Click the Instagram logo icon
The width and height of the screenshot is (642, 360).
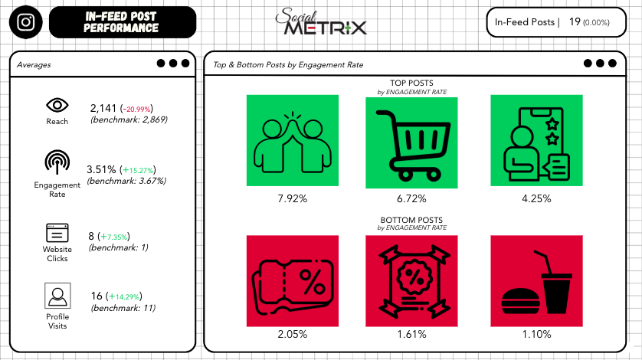coord(26,22)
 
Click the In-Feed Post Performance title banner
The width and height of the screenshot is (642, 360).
coord(123,22)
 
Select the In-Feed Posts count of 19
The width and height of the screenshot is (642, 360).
coord(574,22)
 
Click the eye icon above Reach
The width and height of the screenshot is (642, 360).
coord(57,105)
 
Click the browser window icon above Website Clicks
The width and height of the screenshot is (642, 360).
coord(57,232)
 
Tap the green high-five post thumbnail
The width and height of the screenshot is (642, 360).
coord(291,141)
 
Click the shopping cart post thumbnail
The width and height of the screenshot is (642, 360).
coord(412,141)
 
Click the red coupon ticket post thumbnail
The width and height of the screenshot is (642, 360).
coord(291,280)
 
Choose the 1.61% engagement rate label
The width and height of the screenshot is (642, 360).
coord(412,334)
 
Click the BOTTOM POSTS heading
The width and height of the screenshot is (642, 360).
coord(411,221)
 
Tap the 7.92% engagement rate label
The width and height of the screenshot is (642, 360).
coord(292,198)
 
